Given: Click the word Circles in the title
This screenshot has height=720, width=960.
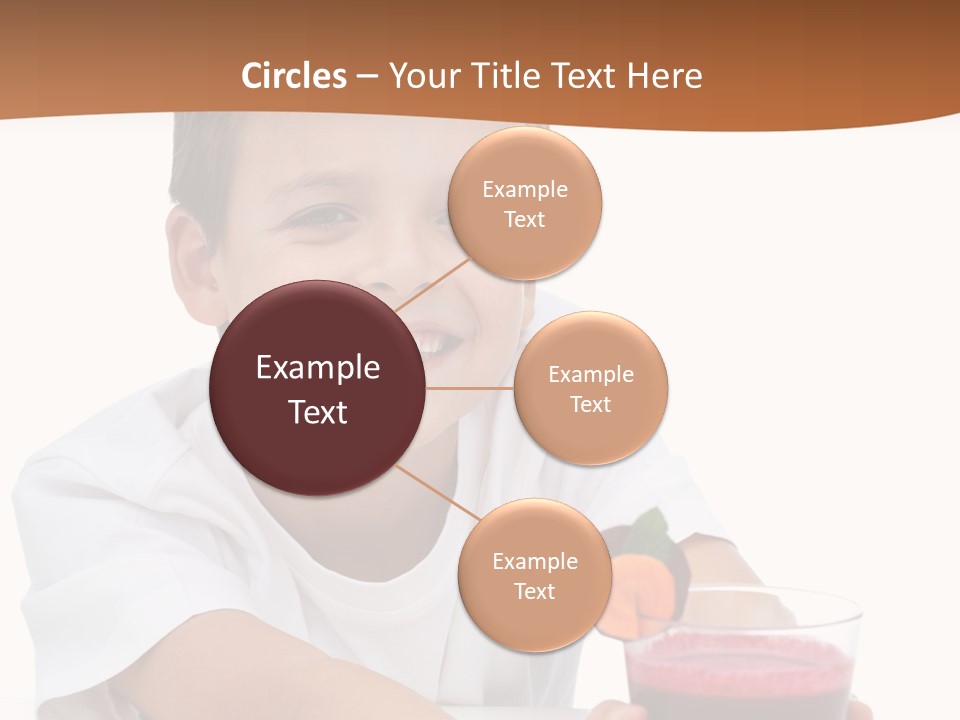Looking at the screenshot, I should point(294,76).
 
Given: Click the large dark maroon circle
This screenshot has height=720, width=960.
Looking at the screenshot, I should point(317,388).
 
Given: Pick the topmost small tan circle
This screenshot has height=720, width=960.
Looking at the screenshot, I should point(525,203).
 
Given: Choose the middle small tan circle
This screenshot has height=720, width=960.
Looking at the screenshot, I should point(591,388).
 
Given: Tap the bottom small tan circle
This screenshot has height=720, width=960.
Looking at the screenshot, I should point(534,575).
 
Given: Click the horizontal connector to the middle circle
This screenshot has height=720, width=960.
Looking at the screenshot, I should point(470,388).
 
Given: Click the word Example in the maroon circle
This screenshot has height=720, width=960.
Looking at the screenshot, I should point(318,368).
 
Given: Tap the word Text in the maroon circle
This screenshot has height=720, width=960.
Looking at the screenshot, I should point(318,412).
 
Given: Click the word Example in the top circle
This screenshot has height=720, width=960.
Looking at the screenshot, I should point(525,189).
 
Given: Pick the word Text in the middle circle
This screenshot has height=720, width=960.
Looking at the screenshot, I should point(591,404).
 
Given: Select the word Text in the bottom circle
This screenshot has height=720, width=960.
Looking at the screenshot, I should point(534,591).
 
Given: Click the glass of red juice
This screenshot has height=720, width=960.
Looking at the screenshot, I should point(741,660).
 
